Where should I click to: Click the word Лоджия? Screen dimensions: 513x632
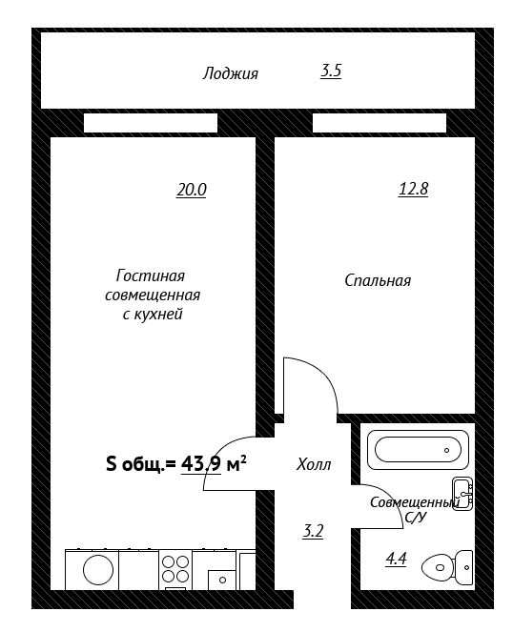tap(230, 74)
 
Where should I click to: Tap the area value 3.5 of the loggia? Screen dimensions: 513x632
tap(331, 71)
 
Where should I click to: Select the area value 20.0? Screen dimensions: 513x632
tap(191, 190)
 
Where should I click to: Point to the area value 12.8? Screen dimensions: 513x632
tap(413, 189)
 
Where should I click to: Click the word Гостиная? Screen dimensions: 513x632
tap(151, 276)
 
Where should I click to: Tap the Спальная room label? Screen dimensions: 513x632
tap(378, 280)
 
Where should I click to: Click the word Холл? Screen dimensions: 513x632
tap(314, 465)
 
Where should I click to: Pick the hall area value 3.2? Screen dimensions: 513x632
tap(313, 531)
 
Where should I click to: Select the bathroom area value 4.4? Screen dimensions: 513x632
tap(396, 559)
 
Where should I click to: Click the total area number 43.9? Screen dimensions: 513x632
tap(201, 464)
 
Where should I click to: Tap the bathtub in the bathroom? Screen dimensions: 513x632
tap(419, 450)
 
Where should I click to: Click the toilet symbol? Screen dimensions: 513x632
tap(447, 567)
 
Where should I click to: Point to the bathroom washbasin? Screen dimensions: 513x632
tap(462, 494)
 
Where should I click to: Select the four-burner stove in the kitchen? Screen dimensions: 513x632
tap(175, 569)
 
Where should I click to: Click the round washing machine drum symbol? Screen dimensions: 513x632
tap(98, 569)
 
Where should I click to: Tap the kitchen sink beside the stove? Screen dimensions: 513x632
tap(222, 580)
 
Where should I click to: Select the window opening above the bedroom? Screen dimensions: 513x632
tap(380, 123)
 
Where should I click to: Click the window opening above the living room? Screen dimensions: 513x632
tap(151, 123)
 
